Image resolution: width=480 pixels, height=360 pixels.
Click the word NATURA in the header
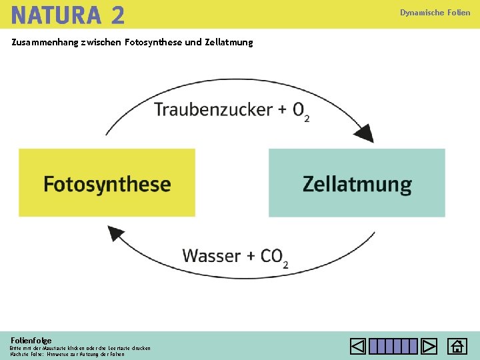[x=55, y=14]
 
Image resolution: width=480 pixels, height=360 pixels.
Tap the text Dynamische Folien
[x=435, y=13]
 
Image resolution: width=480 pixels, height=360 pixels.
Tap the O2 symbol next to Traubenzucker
[x=301, y=111]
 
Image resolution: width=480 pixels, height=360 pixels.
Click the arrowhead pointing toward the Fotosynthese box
[x=116, y=233]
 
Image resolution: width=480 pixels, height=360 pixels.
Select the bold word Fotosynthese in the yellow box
[x=107, y=184]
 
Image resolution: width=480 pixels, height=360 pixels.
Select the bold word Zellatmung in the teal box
[x=357, y=184]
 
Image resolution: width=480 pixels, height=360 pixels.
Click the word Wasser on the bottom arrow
[x=212, y=255]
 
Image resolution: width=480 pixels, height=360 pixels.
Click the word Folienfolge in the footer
[x=31, y=340]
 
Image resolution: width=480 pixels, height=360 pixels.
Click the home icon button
[x=457, y=347]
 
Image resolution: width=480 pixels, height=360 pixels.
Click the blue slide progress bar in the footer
[x=393, y=347]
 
